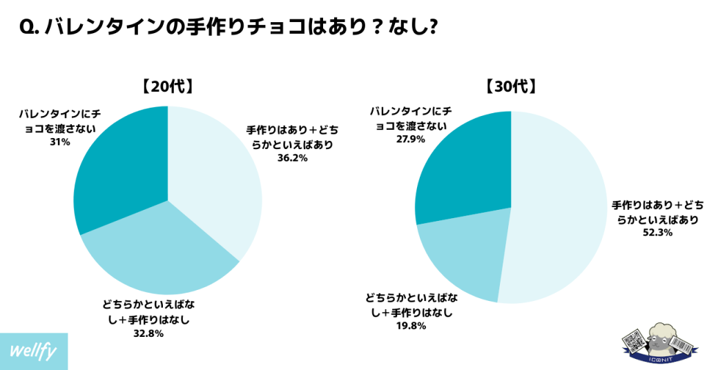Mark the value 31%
[x=59, y=142]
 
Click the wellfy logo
[x=34, y=350]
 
